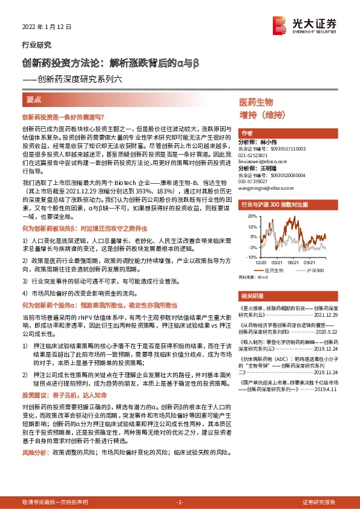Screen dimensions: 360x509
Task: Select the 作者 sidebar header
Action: coord(246,133)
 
